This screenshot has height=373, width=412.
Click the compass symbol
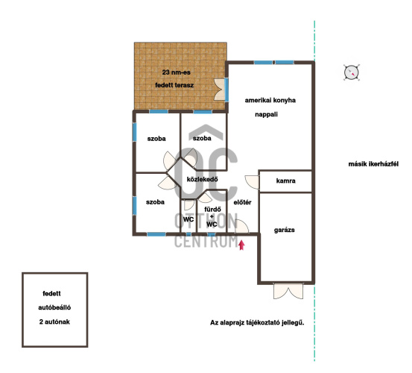[x=352, y=72]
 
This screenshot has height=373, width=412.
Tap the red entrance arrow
[x=241, y=245]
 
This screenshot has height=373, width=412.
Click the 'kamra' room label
[x=285, y=181]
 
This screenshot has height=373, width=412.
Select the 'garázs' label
[x=285, y=231]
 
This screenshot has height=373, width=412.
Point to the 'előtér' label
[x=242, y=202]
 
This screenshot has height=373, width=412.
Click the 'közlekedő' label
[x=202, y=179]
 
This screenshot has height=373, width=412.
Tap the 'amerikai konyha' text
[x=270, y=100]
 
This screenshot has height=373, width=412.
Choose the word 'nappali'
[x=266, y=114]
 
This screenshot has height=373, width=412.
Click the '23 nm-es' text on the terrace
[x=176, y=72]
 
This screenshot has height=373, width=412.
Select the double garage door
[x=288, y=291]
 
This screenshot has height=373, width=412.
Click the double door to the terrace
[x=220, y=90]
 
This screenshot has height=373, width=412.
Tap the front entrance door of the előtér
[x=241, y=227]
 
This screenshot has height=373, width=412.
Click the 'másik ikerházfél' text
[x=373, y=164]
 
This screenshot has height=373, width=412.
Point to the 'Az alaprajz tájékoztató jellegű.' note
[x=257, y=323]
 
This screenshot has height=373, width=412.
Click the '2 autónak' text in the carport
[x=54, y=322]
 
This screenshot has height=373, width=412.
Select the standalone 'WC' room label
[x=188, y=219]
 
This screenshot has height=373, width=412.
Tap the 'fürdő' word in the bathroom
[x=212, y=210]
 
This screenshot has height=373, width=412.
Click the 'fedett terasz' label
[x=174, y=85]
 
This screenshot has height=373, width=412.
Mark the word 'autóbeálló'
[x=54, y=307]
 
